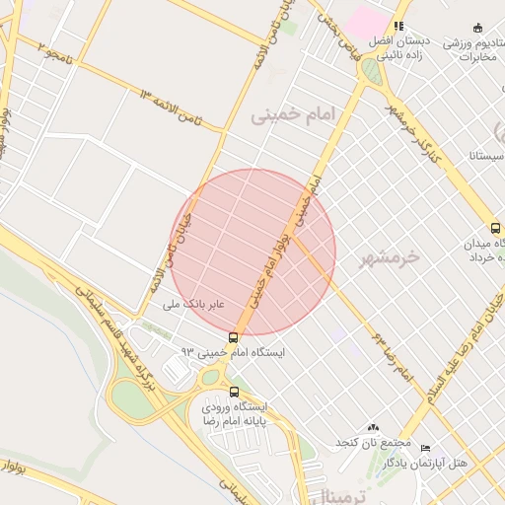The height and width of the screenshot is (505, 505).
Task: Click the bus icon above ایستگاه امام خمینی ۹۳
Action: [233, 337]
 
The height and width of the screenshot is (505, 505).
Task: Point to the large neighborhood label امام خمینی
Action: [292, 115]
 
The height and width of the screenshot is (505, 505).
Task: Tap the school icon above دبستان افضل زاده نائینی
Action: [398, 27]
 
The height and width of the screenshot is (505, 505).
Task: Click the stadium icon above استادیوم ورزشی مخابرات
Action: [478, 27]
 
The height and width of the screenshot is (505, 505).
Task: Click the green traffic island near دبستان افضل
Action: [370, 71]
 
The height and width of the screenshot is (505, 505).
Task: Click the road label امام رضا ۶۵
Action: [391, 357]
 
